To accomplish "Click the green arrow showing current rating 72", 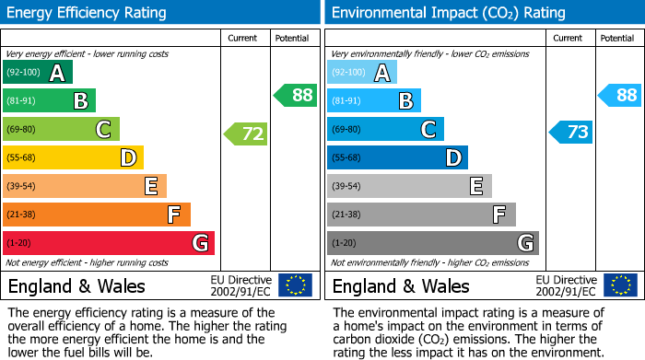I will click(x=246, y=134).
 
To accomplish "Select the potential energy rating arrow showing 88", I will click(x=296, y=95).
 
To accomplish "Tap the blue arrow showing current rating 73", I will click(x=571, y=132).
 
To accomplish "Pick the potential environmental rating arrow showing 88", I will click(x=620, y=95).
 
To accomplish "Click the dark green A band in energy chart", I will click(x=38, y=73).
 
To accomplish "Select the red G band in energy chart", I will click(x=109, y=243).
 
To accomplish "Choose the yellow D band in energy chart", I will click(x=74, y=158).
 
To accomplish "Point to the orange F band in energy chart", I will click(x=97, y=215).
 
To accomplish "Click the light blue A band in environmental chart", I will click(x=362, y=73).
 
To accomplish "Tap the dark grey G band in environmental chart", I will click(x=433, y=243).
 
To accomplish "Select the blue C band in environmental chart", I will click(x=385, y=130).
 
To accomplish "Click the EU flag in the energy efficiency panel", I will click(x=296, y=285).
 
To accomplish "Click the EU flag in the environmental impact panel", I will click(x=622, y=285).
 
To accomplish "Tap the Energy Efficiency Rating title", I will click(x=88, y=13).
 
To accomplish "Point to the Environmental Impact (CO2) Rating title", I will click(x=448, y=13).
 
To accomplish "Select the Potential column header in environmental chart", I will click(x=617, y=38).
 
